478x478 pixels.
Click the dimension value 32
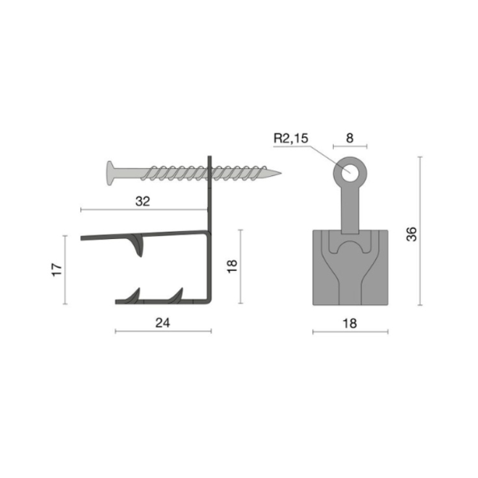[143, 201]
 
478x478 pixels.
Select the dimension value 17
[57, 269]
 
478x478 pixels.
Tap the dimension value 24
[163, 323]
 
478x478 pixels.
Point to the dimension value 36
[411, 234]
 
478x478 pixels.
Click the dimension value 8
[350, 138]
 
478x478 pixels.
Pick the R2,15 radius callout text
[291, 138]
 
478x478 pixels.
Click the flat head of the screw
[110, 173]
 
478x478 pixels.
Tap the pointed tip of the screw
[281, 174]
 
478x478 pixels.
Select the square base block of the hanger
[351, 268]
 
